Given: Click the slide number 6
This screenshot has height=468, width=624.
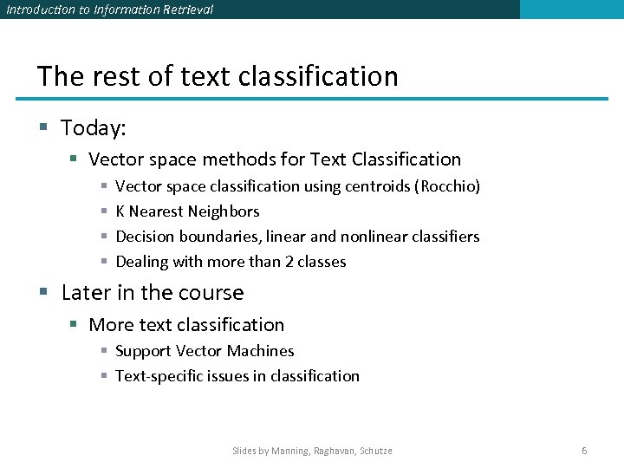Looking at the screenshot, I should click(x=584, y=451).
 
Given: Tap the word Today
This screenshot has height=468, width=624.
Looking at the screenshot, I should click(x=93, y=128).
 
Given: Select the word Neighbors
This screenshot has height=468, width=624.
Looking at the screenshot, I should click(x=224, y=211).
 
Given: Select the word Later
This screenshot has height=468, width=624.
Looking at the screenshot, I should click(x=86, y=293).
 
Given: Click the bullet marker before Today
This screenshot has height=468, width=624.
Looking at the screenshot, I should click(x=43, y=128).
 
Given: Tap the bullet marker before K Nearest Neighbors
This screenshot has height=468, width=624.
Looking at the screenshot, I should click(x=103, y=211).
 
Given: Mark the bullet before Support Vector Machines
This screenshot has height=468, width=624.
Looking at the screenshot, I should click(x=103, y=351).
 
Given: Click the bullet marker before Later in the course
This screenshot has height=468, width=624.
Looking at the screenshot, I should click(x=43, y=293).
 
